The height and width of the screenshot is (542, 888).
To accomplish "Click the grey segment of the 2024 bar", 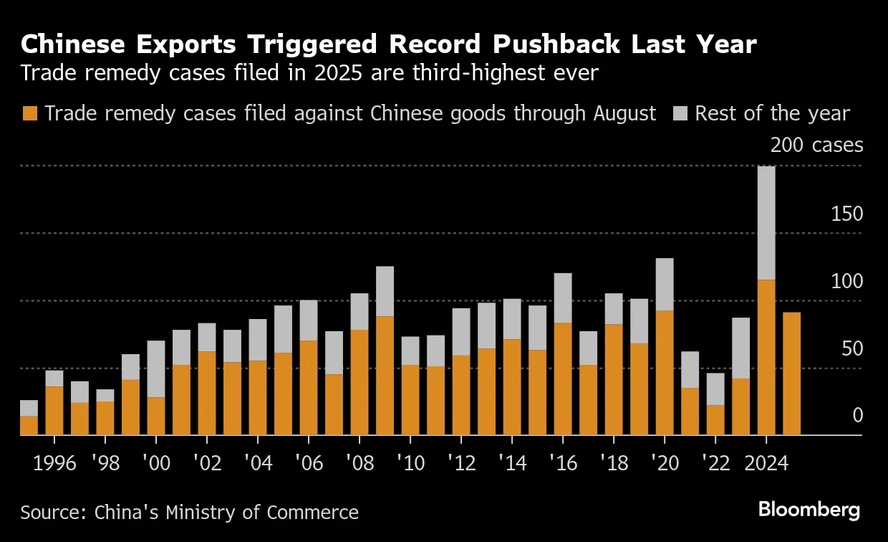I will click(x=766, y=222).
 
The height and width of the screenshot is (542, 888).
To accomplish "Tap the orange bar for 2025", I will click(x=791, y=374).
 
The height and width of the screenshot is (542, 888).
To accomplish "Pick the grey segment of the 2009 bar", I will click(x=385, y=291).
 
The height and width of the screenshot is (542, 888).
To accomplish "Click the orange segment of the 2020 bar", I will click(x=665, y=373).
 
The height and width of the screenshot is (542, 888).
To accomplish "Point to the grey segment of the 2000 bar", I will click(x=156, y=369).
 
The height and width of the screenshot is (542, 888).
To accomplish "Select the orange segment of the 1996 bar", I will click(x=54, y=411).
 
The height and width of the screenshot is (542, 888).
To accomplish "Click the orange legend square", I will click(x=29, y=114).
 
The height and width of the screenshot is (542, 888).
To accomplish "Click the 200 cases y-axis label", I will click(x=816, y=146).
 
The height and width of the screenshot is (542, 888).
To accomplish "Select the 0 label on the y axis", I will click(x=856, y=416).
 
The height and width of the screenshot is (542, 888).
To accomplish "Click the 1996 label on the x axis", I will click(x=54, y=463).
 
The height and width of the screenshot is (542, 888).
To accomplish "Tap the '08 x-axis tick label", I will click(x=359, y=463).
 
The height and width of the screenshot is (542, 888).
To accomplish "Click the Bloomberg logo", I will click(x=809, y=510).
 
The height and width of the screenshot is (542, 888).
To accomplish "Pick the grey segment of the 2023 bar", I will click(x=740, y=348).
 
